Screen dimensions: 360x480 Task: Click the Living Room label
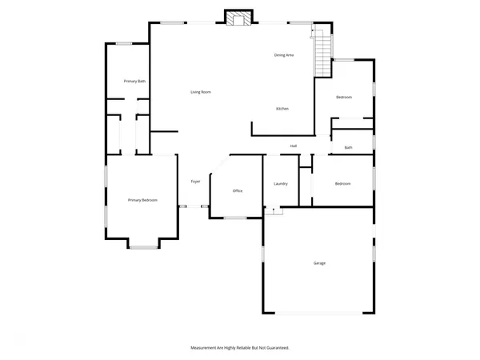pyautogui.click(x=201, y=92)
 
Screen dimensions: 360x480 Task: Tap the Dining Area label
pyautogui.click(x=284, y=54)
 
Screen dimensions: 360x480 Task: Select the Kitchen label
pyautogui.click(x=282, y=108)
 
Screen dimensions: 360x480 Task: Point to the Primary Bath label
pyautogui.click(x=134, y=82)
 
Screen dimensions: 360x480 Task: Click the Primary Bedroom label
pyautogui.click(x=142, y=200)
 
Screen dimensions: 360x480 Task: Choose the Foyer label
pyautogui.click(x=195, y=182)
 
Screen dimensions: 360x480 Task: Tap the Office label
pyautogui.click(x=238, y=191)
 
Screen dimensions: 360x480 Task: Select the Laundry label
pyautogui.click(x=280, y=184)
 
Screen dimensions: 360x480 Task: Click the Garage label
pyautogui.click(x=319, y=262)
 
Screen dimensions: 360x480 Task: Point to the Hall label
pyautogui.click(x=294, y=146)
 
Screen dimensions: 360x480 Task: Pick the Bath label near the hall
pyautogui.click(x=348, y=147)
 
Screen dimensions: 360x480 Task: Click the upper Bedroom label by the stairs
pyautogui.click(x=343, y=97)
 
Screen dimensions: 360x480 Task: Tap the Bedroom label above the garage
pyautogui.click(x=342, y=184)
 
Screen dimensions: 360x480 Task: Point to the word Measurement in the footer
pyautogui.click(x=205, y=348)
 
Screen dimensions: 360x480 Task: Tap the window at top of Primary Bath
pyautogui.click(x=124, y=43)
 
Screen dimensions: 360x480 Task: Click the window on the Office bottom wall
pyautogui.click(x=235, y=217)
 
